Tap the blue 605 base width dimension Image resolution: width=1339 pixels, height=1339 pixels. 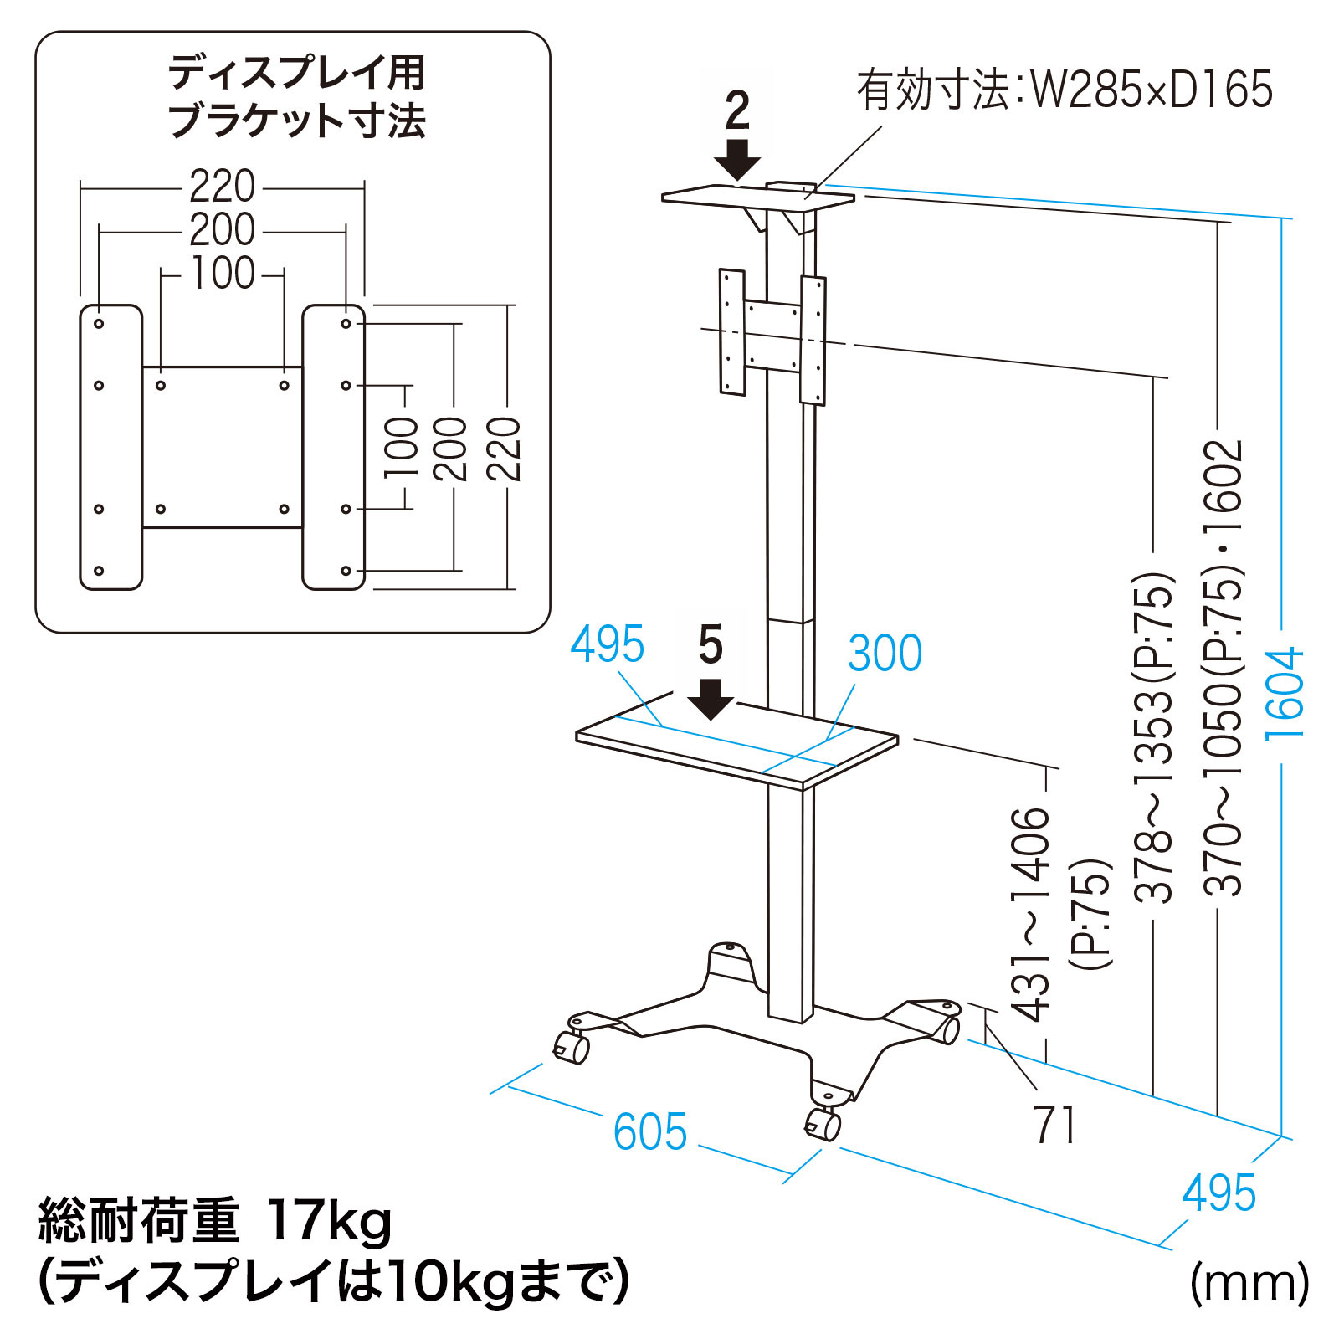coord(650,1131)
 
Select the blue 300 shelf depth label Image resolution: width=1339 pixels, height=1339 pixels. coord(885,653)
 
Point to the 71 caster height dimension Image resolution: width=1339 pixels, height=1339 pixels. coord(1054,1125)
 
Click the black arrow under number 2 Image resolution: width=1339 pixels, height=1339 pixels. coord(737,160)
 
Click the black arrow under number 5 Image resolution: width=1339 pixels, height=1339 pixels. coord(711,699)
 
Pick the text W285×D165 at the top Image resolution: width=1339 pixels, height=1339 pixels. coord(1152,90)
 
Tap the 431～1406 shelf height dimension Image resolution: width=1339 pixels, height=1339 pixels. coord(1031,914)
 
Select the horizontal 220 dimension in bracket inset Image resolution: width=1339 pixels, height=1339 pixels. coord(222,187)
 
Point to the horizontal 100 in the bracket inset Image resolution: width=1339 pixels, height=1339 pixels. coord(223,273)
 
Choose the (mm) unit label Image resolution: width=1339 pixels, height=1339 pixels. coord(1249,1281)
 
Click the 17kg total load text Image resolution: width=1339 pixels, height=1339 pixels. coord(328,1221)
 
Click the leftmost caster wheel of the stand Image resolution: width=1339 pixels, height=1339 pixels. coord(572,1047)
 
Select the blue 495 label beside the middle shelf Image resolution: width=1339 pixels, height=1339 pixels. coord(608,644)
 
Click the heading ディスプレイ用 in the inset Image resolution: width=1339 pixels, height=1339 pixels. coord(297,73)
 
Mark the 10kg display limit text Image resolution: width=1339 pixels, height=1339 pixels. coord(452,1281)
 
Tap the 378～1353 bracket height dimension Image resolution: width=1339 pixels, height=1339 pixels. coord(1154,736)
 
